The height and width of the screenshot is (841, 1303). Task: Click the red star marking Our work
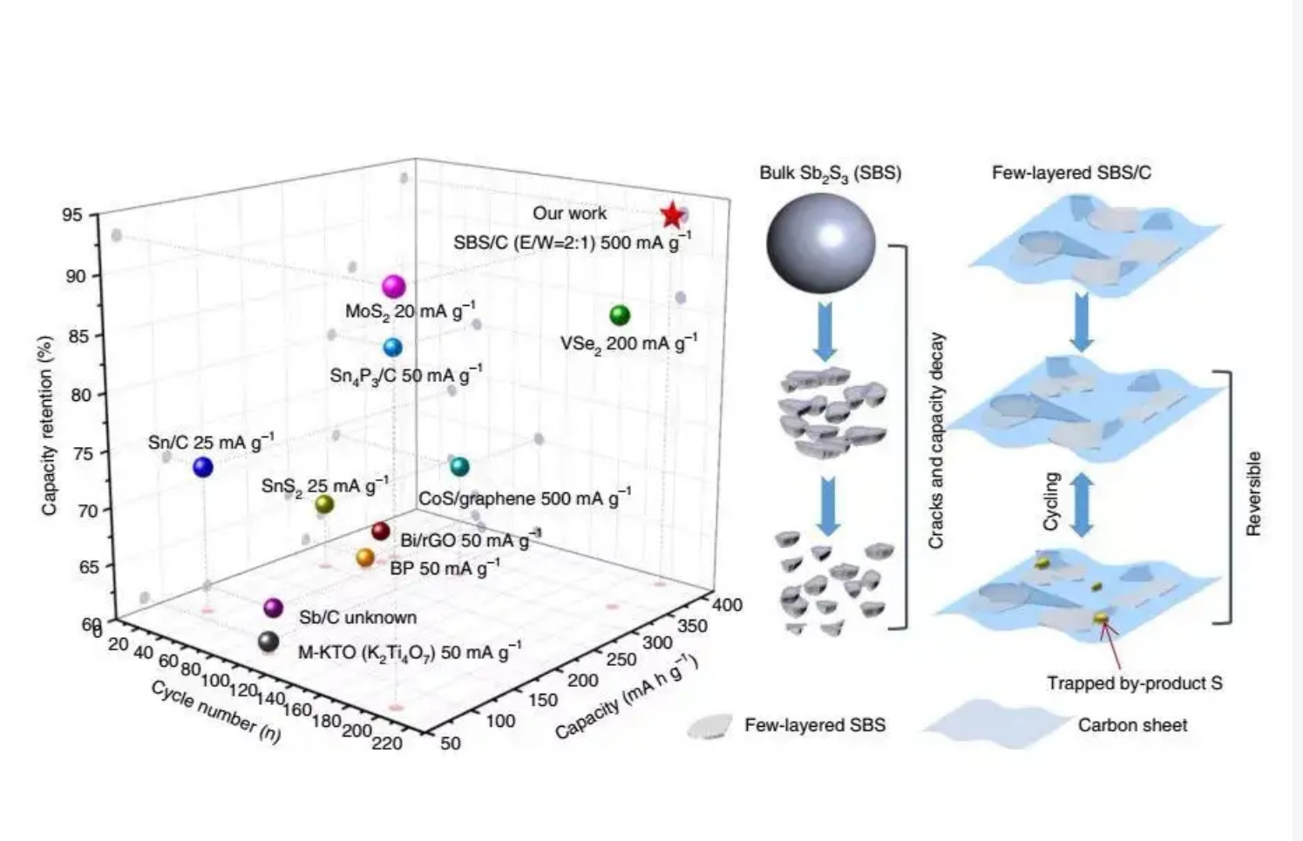[671, 215]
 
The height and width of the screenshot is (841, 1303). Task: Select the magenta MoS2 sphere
[394, 287]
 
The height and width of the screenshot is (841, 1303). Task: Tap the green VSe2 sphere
[620, 315]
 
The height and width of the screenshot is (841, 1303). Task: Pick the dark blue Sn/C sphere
[203, 468]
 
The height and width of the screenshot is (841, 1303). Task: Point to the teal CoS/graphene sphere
[459, 467]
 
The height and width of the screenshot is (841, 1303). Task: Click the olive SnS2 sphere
[324, 504]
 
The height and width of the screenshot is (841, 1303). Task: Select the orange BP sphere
[365, 558]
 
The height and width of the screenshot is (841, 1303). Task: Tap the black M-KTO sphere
[268, 642]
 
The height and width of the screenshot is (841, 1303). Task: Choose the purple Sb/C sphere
[274, 607]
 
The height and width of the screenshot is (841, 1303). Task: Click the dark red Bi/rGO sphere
[380, 532]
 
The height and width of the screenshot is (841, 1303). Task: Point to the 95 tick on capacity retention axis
[74, 216]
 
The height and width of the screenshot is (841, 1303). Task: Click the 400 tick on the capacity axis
[727, 605]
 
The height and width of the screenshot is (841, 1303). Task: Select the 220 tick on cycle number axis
[386, 743]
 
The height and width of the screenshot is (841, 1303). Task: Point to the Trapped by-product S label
[1135, 683]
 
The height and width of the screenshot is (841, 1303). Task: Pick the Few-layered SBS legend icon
[710, 726]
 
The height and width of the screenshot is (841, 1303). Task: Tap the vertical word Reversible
[1254, 493]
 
